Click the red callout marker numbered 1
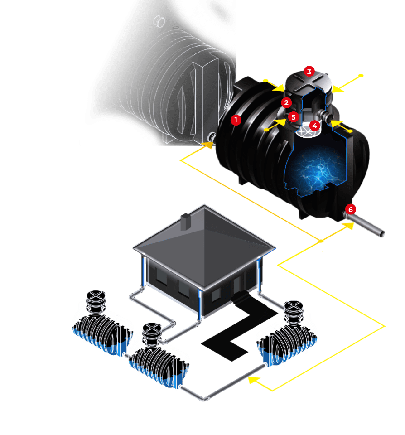pyautogui.click(x=235, y=120)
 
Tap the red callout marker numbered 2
pyautogui.click(x=286, y=102)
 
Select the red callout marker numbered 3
pyautogui.click(x=309, y=72)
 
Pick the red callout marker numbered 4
pyautogui.click(x=314, y=125)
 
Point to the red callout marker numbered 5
pyautogui.click(x=293, y=117)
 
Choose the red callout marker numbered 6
pyautogui.click(x=350, y=209)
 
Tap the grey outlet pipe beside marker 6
pyautogui.click(x=369, y=227)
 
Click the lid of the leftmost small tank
pyautogui.click(x=96, y=297)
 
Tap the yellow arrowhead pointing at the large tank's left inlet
pyautogui.click(x=208, y=145)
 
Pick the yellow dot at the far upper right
pyautogui.click(x=361, y=75)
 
